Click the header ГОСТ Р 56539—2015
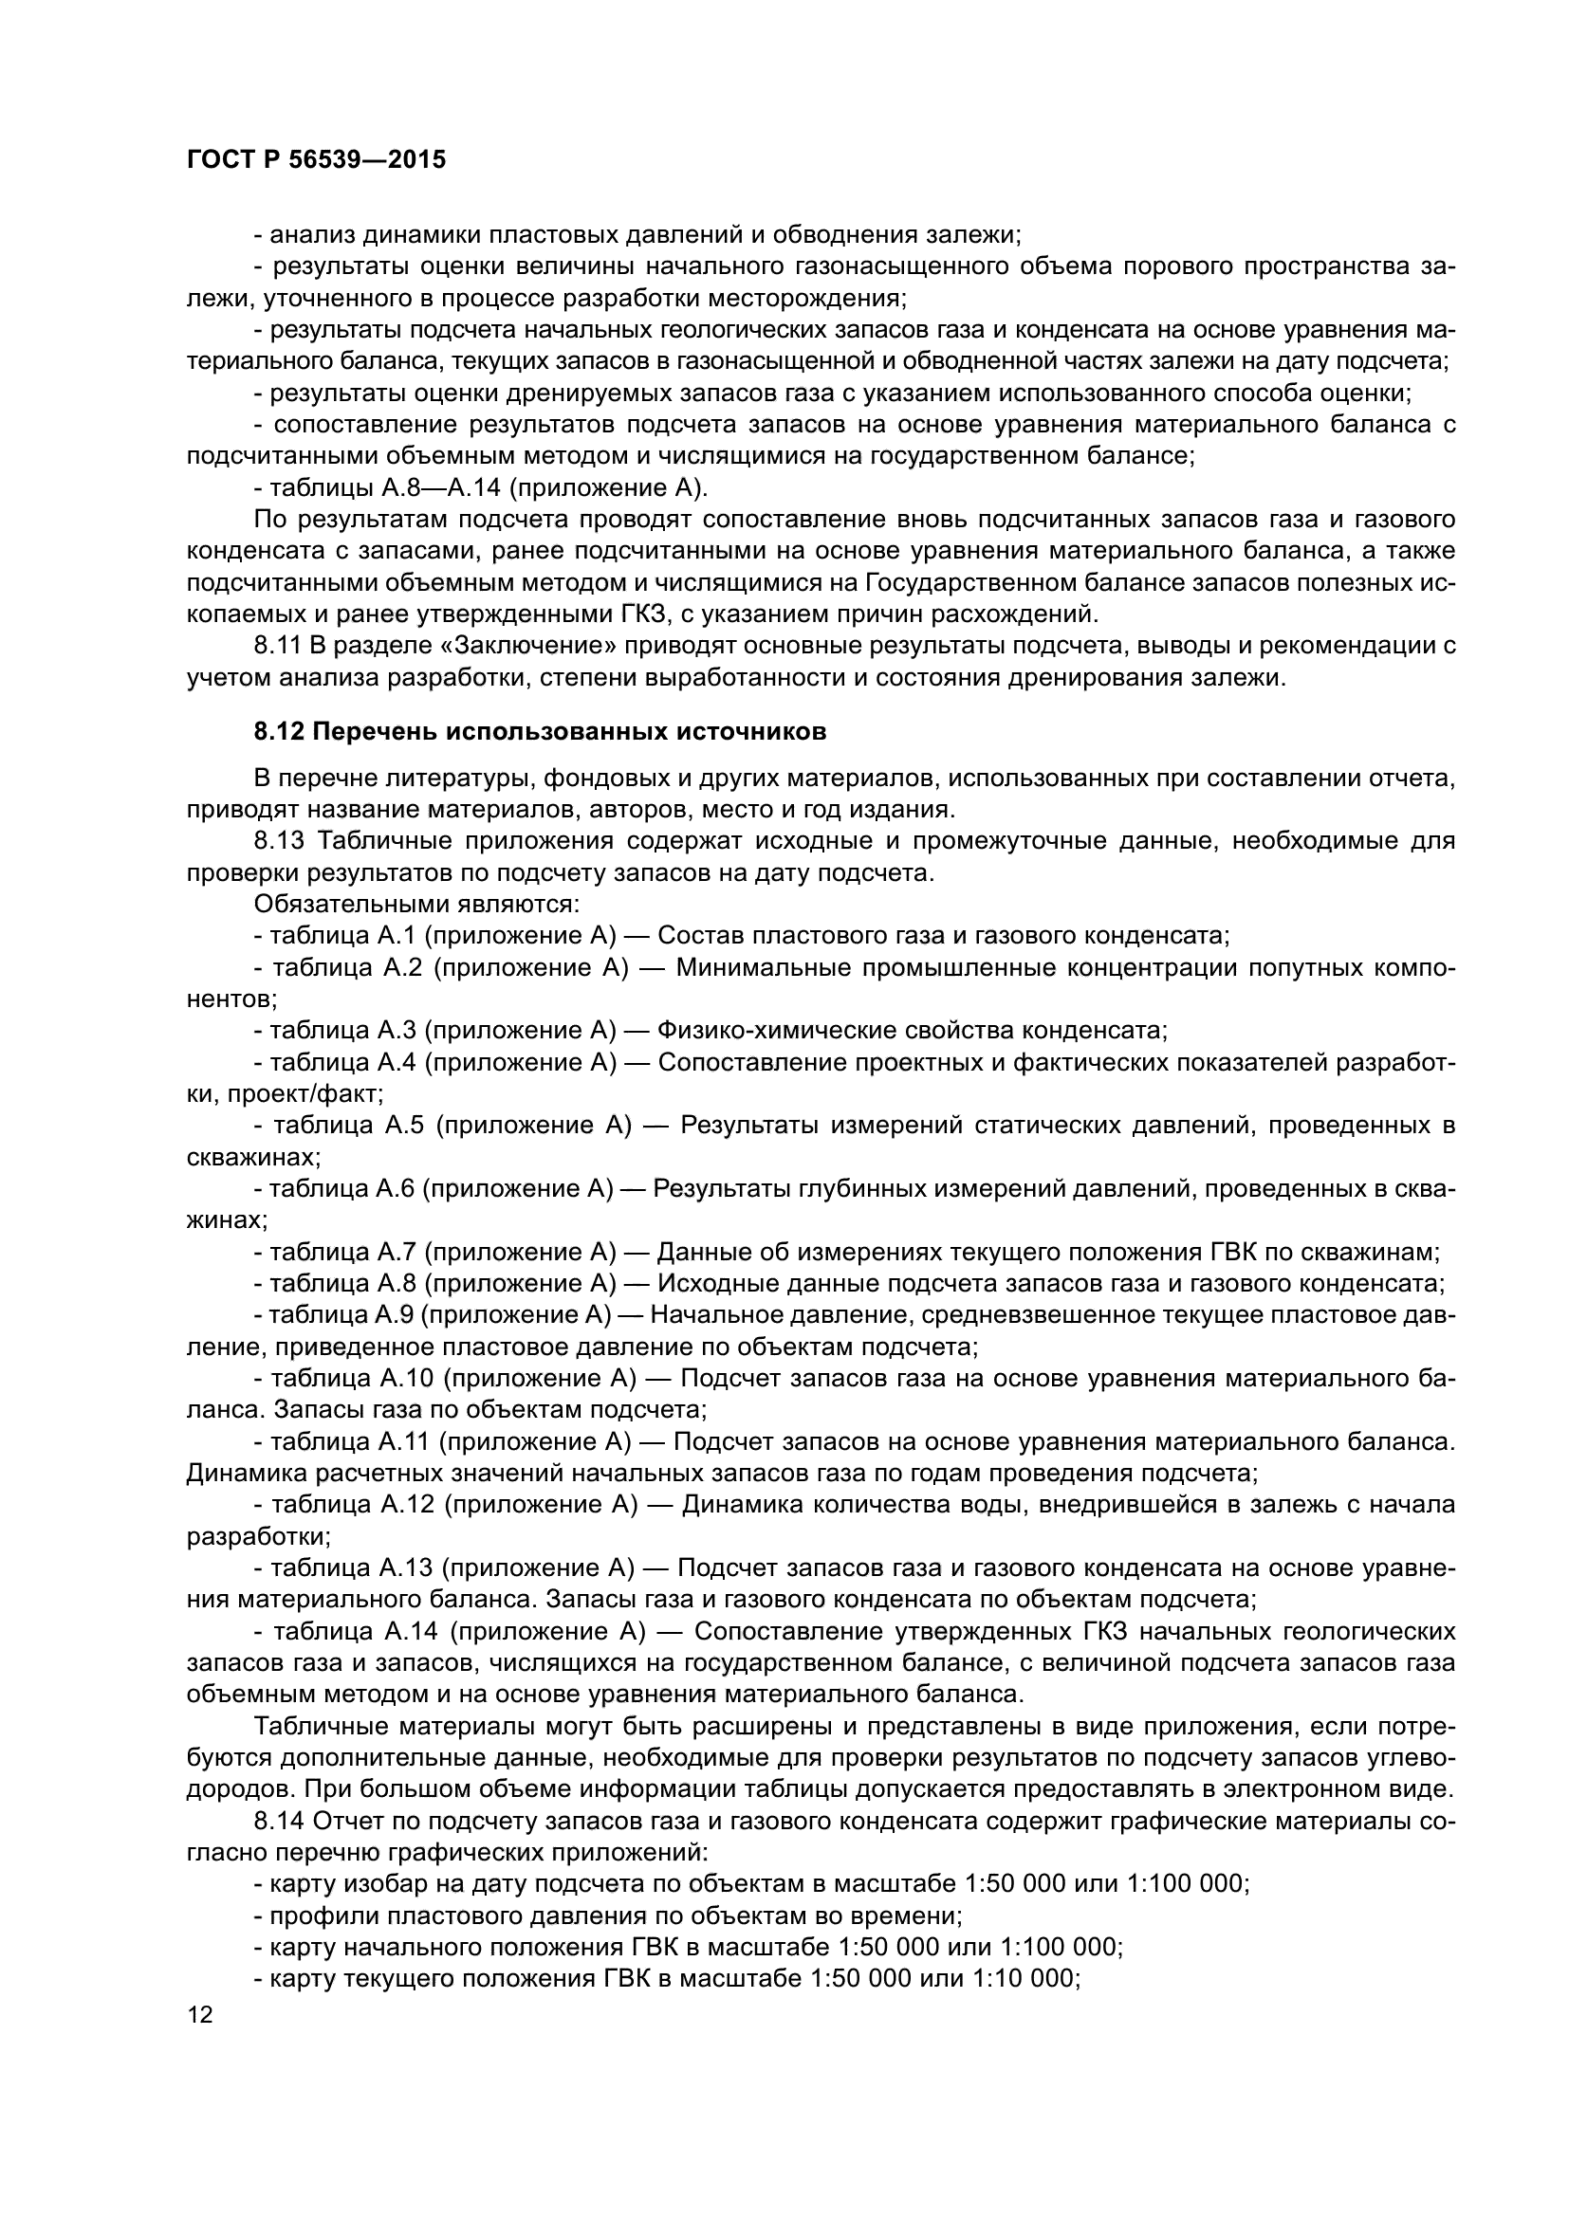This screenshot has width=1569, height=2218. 316,160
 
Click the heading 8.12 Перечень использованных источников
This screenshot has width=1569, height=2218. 540,732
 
